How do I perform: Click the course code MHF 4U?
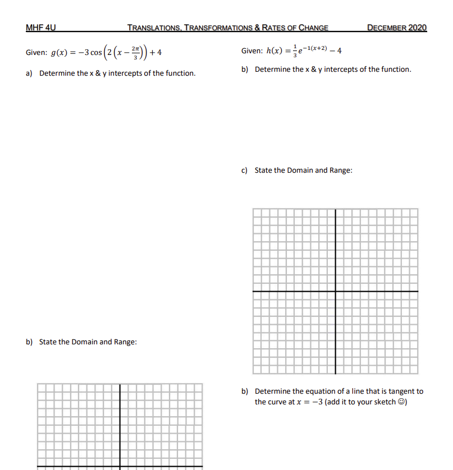pyautogui.click(x=41, y=27)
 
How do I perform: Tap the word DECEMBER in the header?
pyautogui.click(x=387, y=27)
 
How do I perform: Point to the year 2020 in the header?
pyautogui.click(x=417, y=27)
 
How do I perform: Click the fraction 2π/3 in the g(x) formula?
pyautogui.click(x=128, y=53)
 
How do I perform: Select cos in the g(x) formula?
pyautogui.click(x=96, y=53)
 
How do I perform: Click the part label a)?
pyautogui.click(x=30, y=73)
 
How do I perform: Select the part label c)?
pyautogui.click(x=245, y=170)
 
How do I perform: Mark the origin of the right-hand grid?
pyautogui.click(x=336, y=292)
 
